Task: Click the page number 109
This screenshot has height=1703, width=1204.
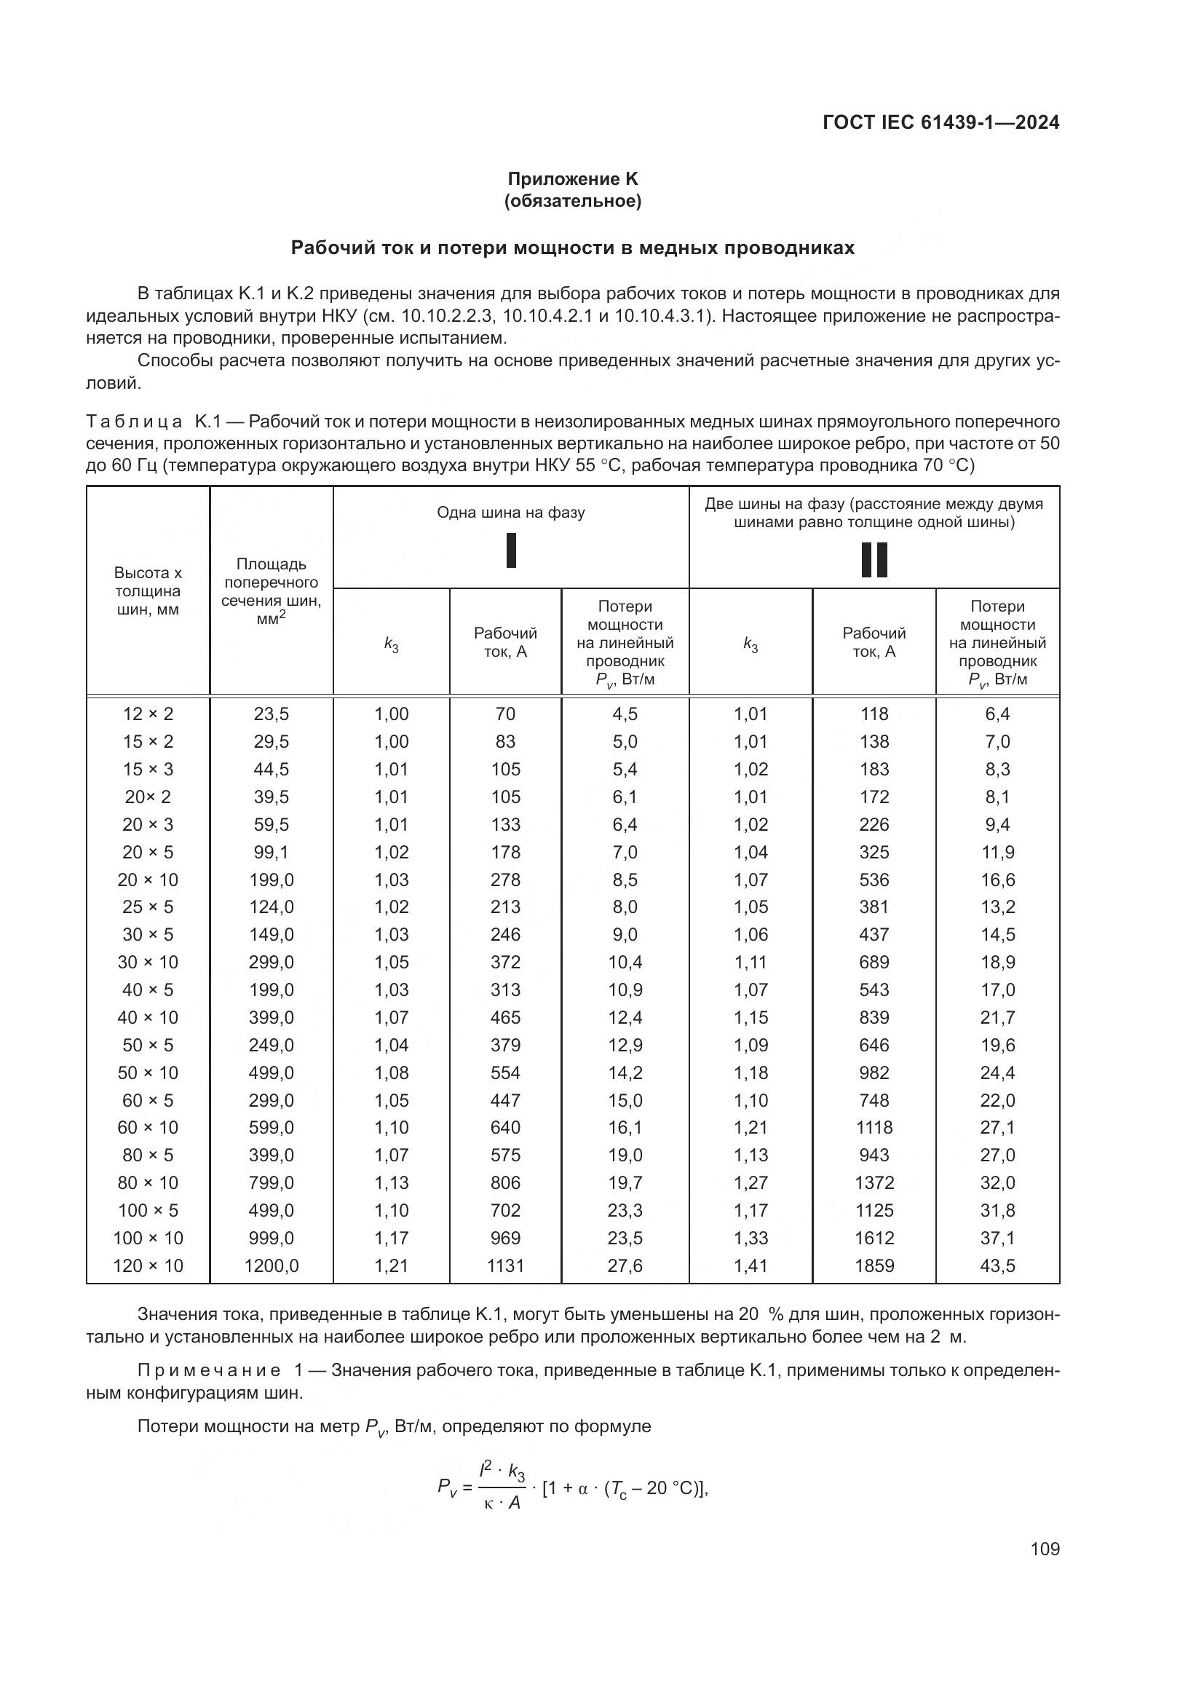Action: tap(1045, 1549)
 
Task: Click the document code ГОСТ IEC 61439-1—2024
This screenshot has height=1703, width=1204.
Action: tap(940, 123)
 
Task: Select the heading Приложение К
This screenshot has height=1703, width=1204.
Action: tap(572, 179)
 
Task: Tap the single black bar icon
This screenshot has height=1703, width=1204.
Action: tap(511, 550)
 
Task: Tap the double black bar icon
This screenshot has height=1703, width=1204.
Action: tap(874, 559)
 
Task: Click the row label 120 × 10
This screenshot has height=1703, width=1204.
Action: tap(148, 1265)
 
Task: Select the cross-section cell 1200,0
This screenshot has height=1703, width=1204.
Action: tap(272, 1265)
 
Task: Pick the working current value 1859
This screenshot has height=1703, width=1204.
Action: tap(874, 1265)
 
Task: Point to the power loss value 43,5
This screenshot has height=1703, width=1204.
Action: tap(997, 1265)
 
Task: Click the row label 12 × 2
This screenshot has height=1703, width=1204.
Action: tap(148, 714)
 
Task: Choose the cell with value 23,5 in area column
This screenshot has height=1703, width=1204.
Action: tap(272, 714)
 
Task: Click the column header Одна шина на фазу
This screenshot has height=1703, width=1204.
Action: tap(511, 513)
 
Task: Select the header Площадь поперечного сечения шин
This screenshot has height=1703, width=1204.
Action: tap(272, 591)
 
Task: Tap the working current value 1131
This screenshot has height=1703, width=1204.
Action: tap(505, 1265)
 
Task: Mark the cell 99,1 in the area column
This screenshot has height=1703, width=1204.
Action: tap(272, 852)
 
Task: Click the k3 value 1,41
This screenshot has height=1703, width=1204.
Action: tap(750, 1265)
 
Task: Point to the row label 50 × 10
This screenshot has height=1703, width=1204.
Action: tap(148, 1072)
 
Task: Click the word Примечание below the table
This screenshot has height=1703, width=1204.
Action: tap(209, 1370)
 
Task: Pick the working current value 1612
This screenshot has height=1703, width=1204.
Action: tap(874, 1238)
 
